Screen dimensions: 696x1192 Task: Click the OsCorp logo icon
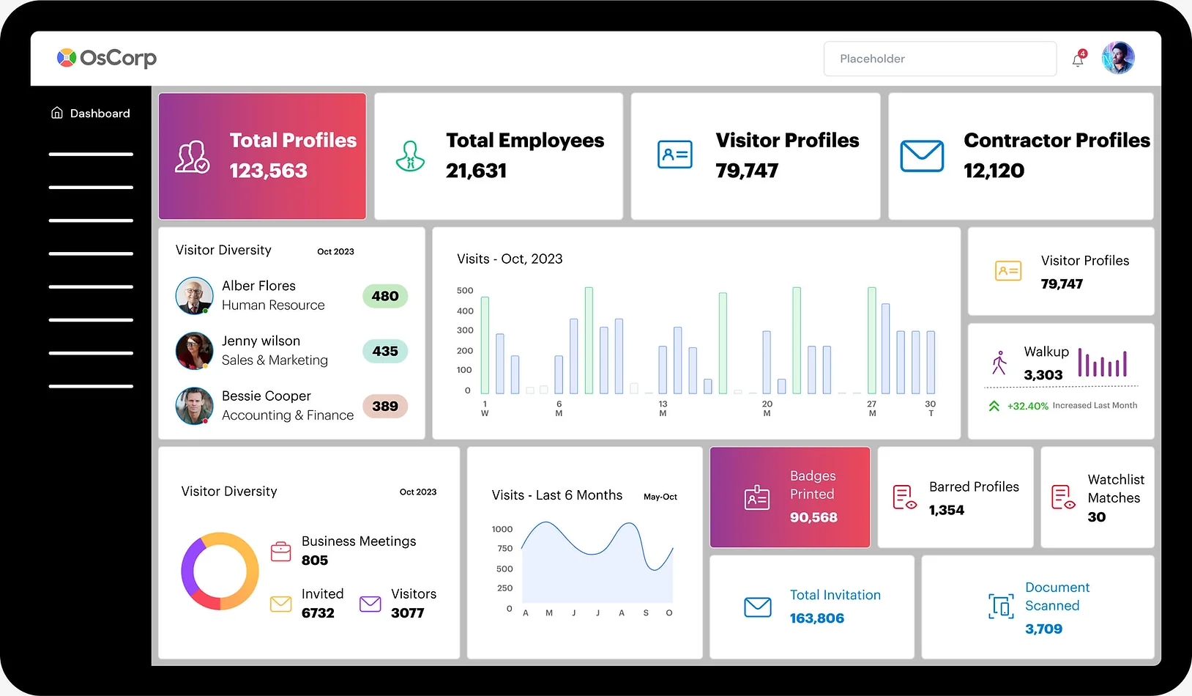[67, 58]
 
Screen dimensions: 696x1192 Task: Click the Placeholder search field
[939, 59]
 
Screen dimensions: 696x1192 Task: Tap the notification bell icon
[1078, 60]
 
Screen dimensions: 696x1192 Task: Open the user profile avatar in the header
[1118, 58]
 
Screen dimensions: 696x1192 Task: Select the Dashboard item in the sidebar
[91, 114]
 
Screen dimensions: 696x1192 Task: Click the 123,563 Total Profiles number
[269, 171]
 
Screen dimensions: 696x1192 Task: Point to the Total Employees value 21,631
[476, 171]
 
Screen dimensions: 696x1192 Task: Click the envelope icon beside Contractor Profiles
[922, 155]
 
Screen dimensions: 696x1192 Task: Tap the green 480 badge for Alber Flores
[385, 296]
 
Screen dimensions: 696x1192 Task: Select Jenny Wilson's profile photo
[194, 351]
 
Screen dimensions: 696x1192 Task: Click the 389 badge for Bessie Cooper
[385, 406]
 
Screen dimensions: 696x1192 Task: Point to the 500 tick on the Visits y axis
[465, 291]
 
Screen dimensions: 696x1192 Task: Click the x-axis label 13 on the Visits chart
[663, 404]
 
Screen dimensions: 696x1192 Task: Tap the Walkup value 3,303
[1043, 375]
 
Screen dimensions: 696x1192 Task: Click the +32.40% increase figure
[1027, 406]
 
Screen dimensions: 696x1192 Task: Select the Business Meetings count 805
[315, 560]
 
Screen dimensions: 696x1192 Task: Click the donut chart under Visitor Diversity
[220, 571]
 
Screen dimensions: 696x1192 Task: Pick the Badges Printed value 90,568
[813, 517]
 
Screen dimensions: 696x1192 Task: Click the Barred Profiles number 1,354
[947, 510]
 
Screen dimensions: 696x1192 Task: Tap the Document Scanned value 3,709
[1043, 629]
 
